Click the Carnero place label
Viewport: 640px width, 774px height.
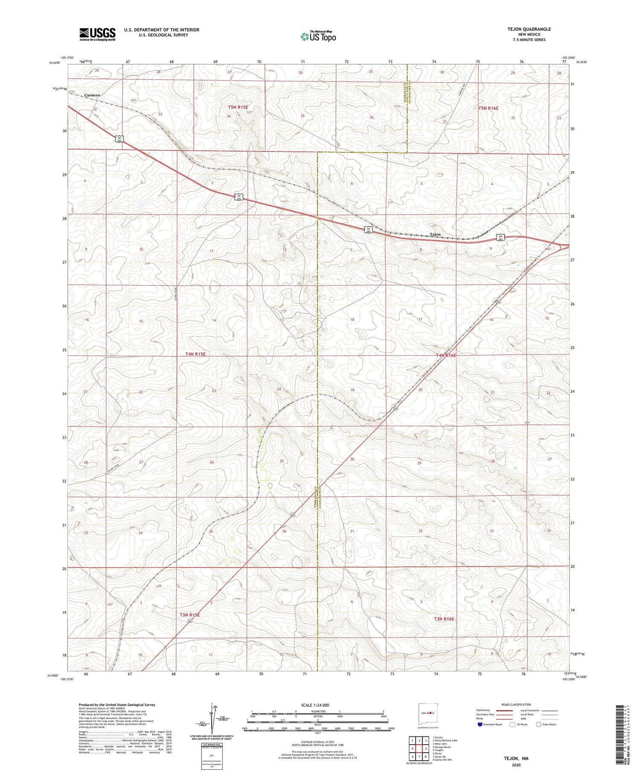[x=92, y=95]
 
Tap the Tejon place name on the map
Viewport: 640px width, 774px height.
[x=435, y=234]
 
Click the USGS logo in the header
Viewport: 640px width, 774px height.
[x=97, y=34]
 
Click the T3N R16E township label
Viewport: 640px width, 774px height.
[x=444, y=619]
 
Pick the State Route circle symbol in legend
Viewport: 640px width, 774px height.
[x=538, y=724]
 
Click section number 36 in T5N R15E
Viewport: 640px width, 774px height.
[x=372, y=117]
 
